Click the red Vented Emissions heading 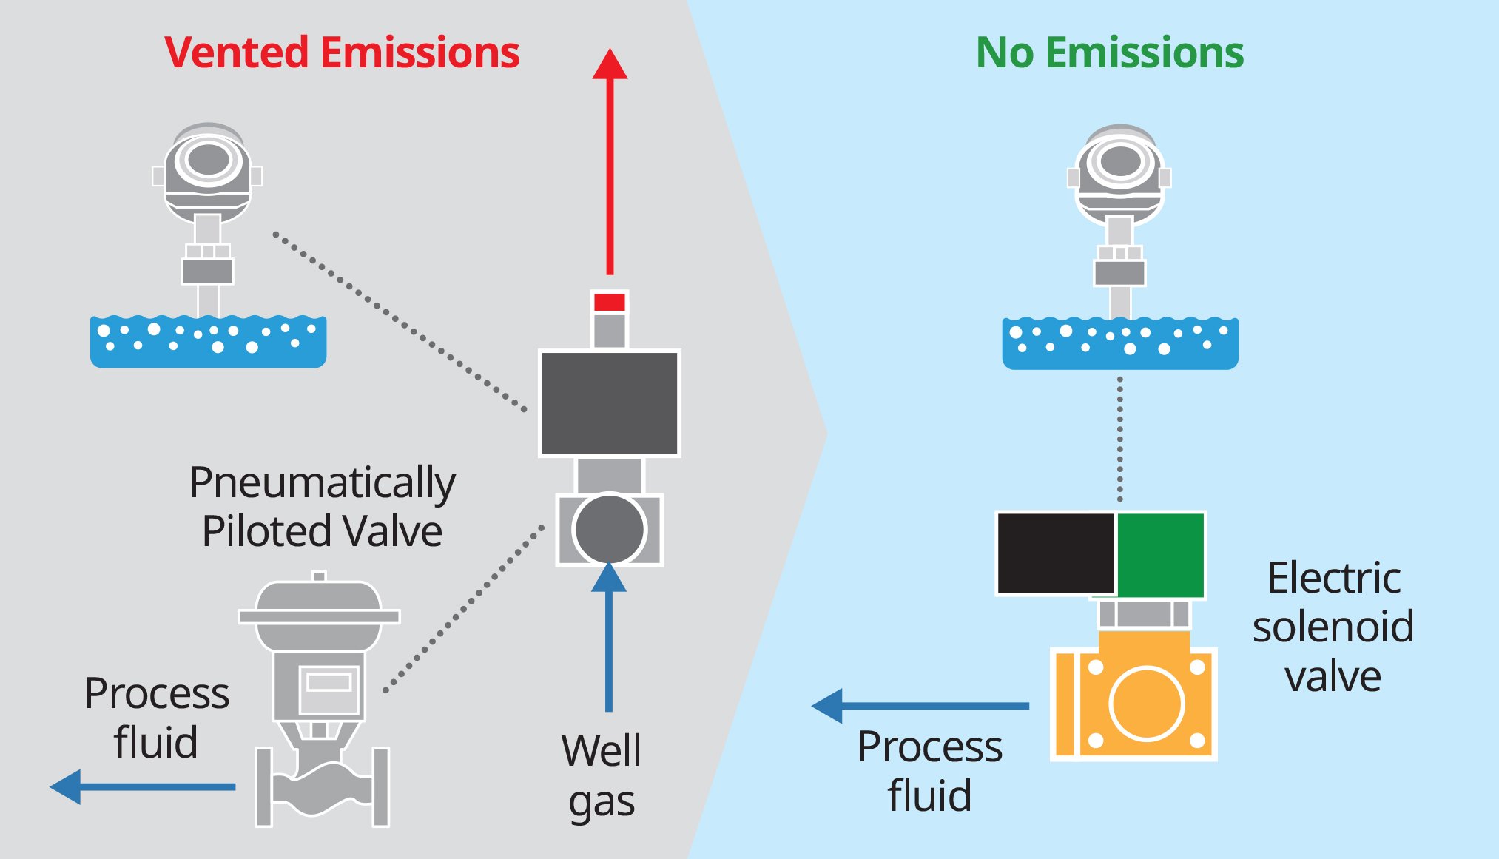(342, 53)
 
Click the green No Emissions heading (1109, 53)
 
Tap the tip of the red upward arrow (610, 53)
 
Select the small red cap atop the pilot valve (610, 302)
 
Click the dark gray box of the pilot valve (609, 403)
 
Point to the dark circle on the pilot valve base (609, 529)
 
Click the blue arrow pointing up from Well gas (609, 636)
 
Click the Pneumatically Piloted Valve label (323, 507)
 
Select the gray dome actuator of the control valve (319, 603)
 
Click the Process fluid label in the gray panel (157, 718)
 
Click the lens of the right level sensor (1120, 161)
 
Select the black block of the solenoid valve (1056, 553)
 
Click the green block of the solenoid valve (1160, 553)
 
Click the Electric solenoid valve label (1333, 627)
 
